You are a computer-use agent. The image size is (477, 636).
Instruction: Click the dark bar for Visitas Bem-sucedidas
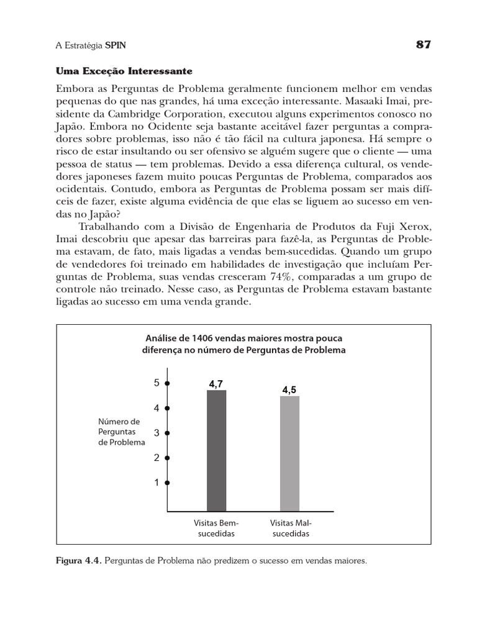[x=216, y=450]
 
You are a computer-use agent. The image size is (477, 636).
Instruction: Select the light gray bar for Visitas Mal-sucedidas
[x=289, y=453]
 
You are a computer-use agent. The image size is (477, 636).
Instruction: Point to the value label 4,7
[x=216, y=384]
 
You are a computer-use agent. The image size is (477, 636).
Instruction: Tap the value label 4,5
[x=289, y=390]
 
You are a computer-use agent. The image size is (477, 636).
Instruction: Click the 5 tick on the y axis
[x=157, y=383]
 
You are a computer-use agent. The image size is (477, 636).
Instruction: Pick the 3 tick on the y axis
[x=157, y=432]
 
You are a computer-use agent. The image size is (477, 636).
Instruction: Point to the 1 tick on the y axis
[x=157, y=482]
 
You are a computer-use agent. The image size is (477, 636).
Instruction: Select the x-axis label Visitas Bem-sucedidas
[x=216, y=528]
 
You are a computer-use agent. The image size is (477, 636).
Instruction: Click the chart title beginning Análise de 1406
[x=244, y=344]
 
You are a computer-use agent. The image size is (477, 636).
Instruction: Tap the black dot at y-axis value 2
[x=168, y=458]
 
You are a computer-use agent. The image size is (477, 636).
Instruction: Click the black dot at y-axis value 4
[x=168, y=408]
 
